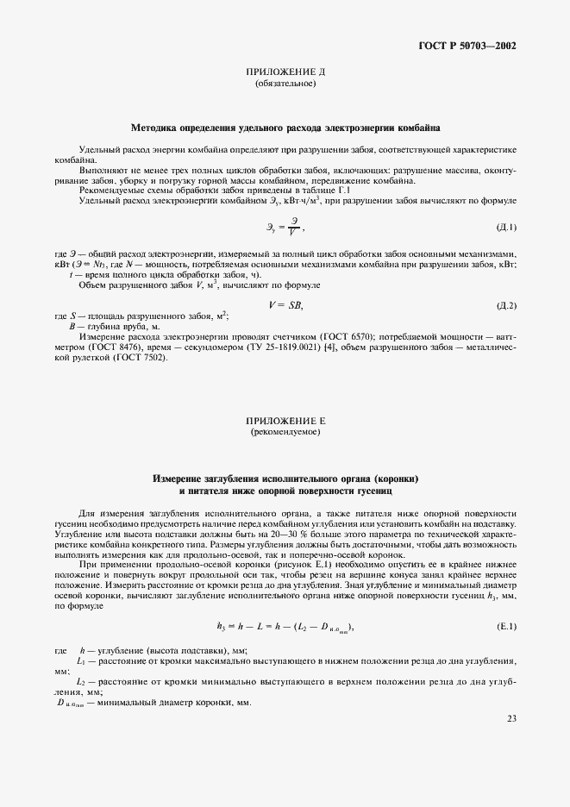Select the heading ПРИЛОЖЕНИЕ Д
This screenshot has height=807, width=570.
[285, 74]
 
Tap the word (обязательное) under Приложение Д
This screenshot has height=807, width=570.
[285, 84]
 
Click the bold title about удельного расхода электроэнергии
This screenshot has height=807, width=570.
[285, 126]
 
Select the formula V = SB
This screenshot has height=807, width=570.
[285, 306]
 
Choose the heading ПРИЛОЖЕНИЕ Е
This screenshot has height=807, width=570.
[285, 421]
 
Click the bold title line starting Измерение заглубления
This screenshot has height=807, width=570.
[285, 479]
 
